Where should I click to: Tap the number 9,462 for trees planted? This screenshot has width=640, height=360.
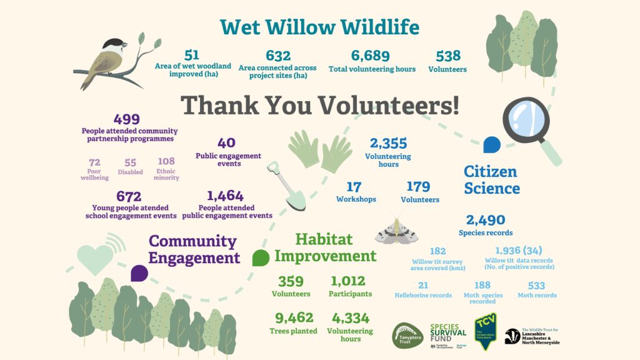pos(293,317)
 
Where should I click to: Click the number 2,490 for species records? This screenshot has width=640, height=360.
pos(486,219)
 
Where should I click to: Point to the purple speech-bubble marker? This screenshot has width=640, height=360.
pos(139,273)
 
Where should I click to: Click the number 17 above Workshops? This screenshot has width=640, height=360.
pos(354,186)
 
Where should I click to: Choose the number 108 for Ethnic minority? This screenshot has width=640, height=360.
pos(166,161)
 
